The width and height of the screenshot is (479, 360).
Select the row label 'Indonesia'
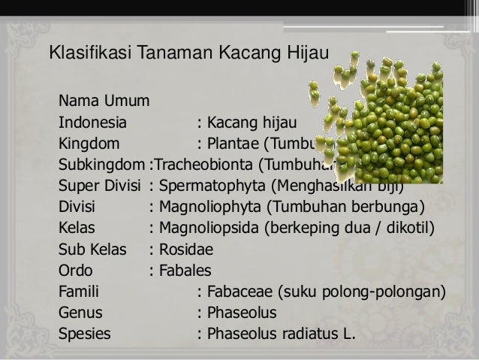coord(92,122)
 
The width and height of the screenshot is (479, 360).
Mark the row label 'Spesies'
coord(83,333)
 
